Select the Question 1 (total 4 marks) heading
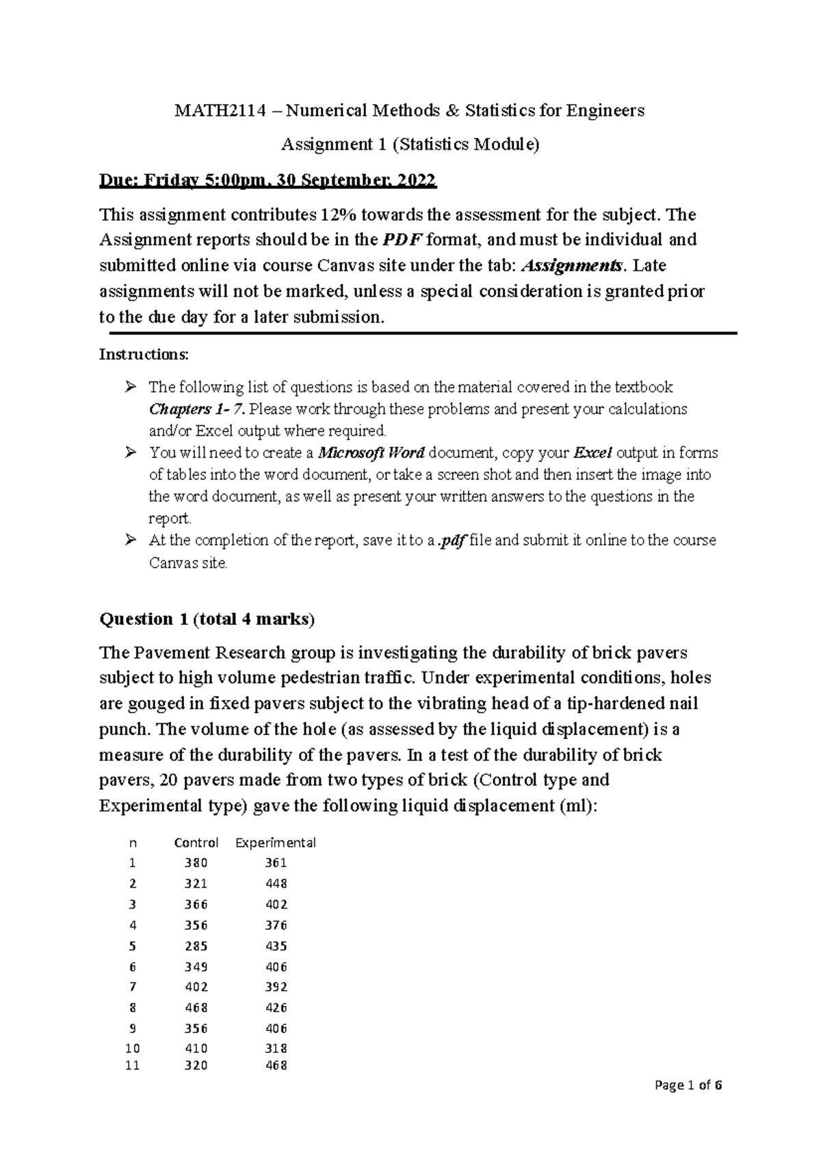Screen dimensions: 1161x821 tap(207, 619)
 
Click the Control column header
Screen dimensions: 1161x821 tap(196, 843)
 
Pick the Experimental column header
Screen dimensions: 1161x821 tap(276, 843)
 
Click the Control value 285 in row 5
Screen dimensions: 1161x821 tap(196, 946)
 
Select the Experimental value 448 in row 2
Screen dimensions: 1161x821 tap(276, 883)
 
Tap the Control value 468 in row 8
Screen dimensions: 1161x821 tap(196, 1008)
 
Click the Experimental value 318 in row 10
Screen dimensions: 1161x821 tap(276, 1049)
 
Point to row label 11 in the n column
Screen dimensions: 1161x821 tap(133, 1066)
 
